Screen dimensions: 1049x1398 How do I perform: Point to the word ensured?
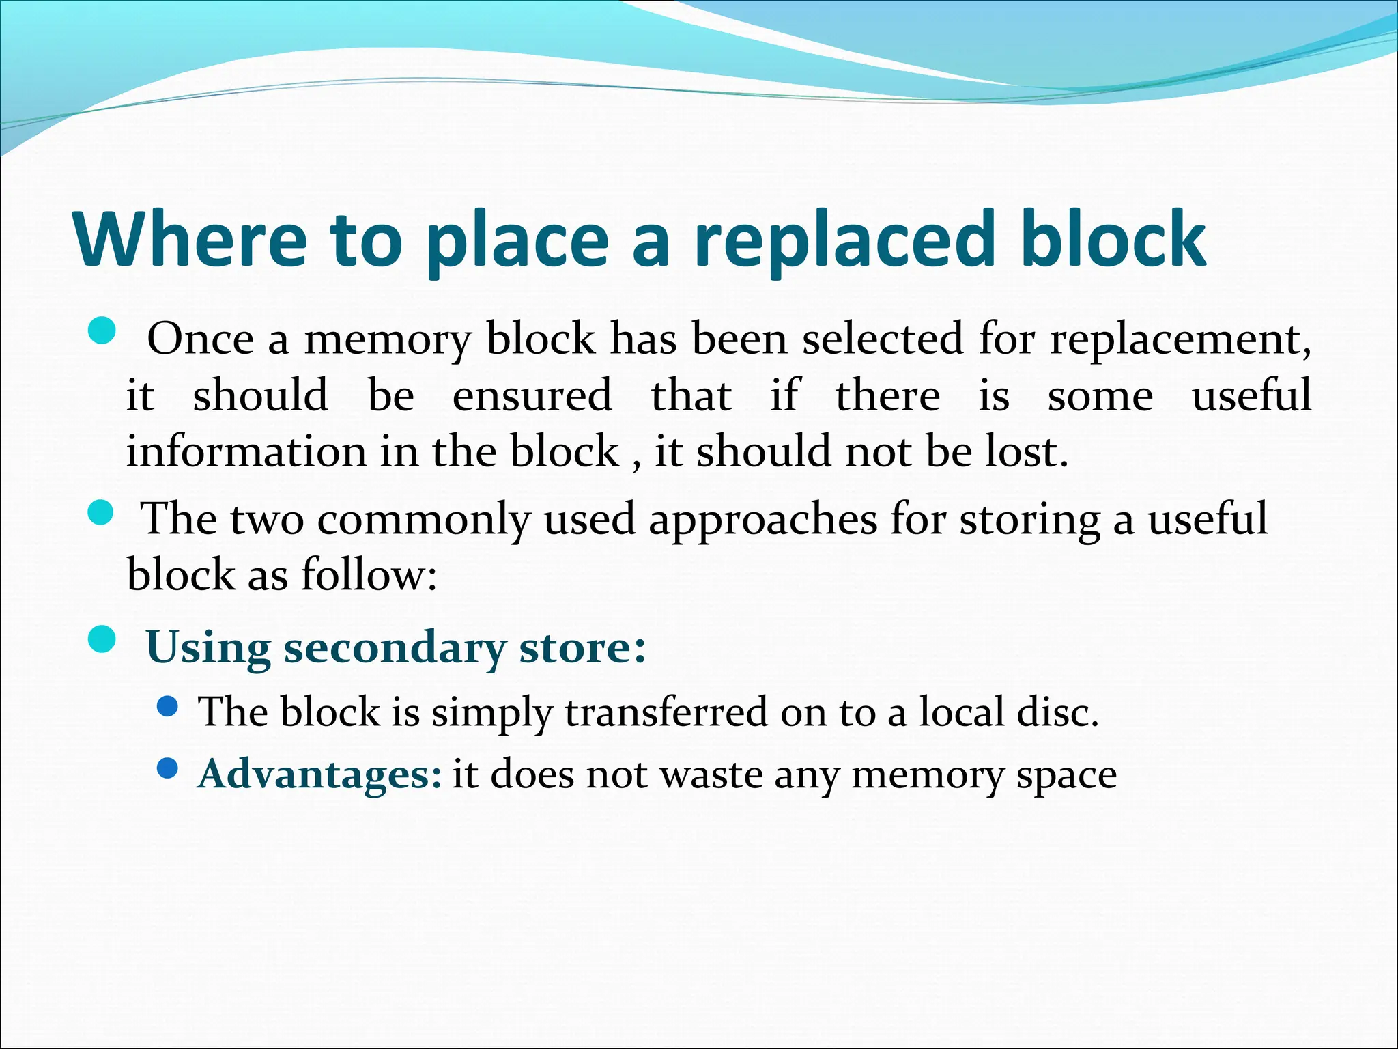532,395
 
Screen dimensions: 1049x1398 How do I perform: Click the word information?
246,452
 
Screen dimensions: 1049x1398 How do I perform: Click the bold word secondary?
394,648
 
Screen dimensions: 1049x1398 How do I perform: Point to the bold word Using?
208,648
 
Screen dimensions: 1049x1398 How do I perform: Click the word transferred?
666,712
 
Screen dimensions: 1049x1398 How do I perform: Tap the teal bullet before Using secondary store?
102,640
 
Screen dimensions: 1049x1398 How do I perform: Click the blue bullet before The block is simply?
167,706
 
